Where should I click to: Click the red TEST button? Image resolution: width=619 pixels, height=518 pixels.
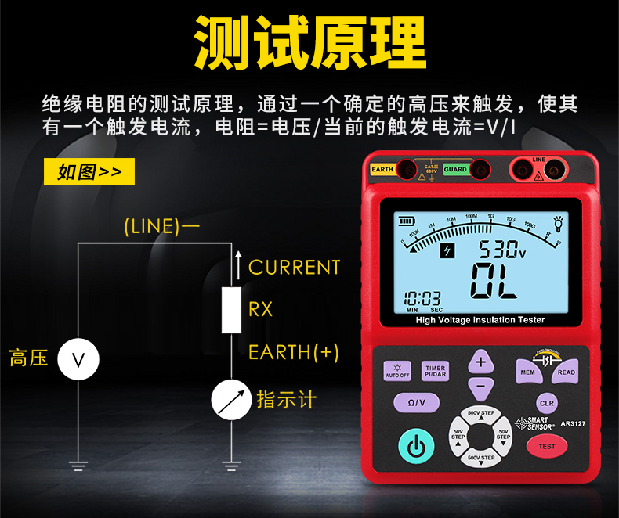[546, 447]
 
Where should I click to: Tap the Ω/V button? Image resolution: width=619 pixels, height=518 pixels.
[416, 402]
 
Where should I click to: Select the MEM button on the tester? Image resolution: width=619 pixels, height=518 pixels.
[527, 372]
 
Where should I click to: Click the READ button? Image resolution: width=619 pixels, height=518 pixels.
[566, 372]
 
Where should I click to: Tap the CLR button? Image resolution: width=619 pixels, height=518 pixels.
[547, 403]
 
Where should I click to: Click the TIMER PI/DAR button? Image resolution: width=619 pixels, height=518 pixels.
[435, 371]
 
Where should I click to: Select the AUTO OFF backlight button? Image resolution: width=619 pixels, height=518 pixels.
[397, 371]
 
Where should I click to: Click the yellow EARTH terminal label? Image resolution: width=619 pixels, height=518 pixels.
[382, 169]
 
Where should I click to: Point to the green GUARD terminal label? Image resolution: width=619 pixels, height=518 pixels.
[455, 169]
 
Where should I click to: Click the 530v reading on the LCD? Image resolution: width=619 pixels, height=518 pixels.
[502, 250]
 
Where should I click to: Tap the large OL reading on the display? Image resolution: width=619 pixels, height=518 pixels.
[494, 282]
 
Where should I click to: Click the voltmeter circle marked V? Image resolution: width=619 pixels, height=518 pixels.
[78, 359]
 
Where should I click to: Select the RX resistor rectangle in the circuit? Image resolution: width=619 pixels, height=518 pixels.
[230, 310]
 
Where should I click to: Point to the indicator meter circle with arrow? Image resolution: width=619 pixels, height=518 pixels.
[231, 401]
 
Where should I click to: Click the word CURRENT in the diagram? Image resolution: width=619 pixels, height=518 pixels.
[295, 268]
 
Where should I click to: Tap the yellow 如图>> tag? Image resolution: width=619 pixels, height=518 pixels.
[89, 172]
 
